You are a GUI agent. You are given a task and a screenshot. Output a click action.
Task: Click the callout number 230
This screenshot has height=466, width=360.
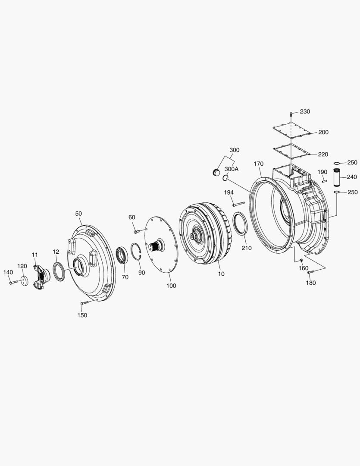pyautogui.click(x=305, y=111)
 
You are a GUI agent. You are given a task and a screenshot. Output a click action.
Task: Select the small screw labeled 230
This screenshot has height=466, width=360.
pyautogui.click(x=291, y=114)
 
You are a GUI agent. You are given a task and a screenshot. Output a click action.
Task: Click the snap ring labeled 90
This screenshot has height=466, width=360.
pyautogui.click(x=137, y=252)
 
